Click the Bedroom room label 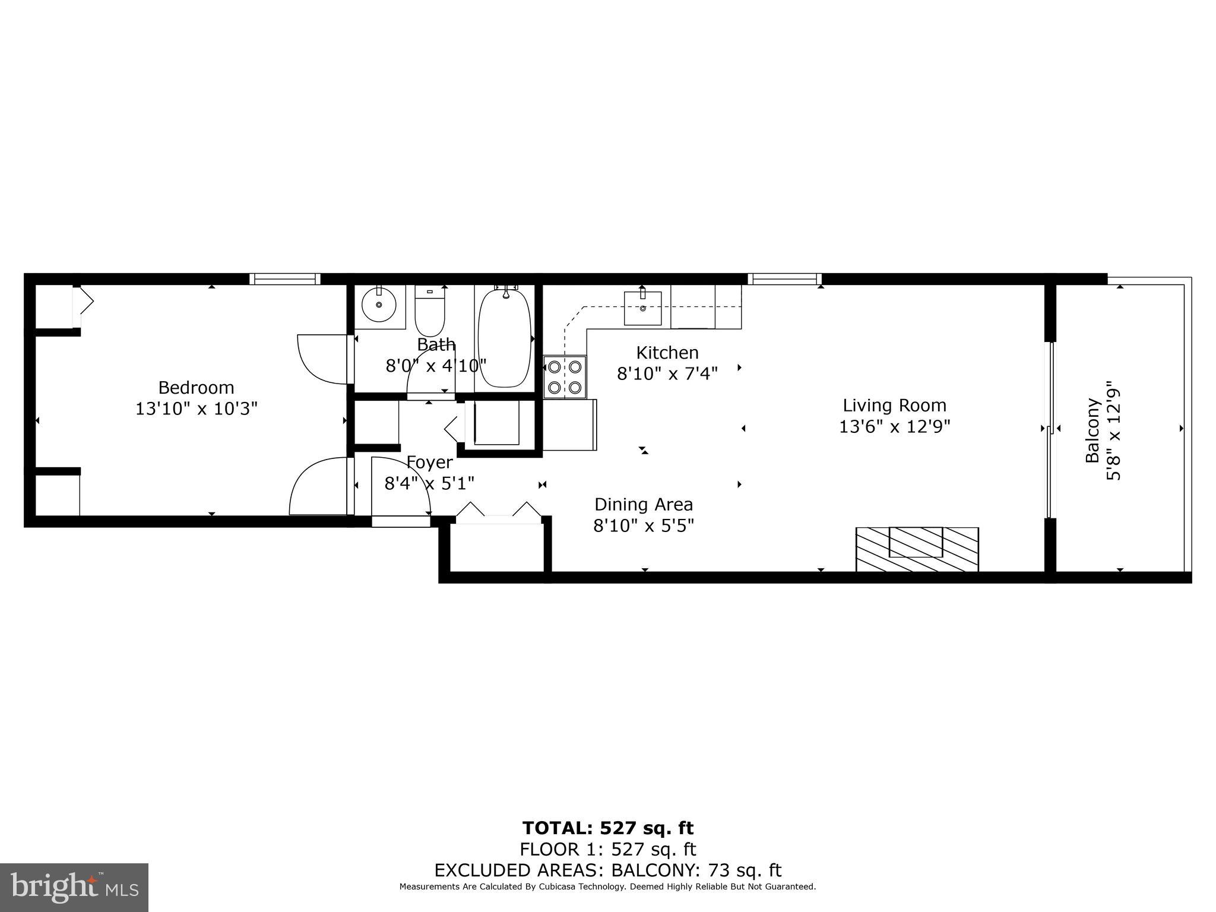[x=196, y=388]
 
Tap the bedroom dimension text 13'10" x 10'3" [x=196, y=409]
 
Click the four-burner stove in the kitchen [x=565, y=377]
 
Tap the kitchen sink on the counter [x=642, y=308]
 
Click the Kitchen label [x=667, y=353]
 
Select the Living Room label [x=894, y=406]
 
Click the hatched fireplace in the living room [x=917, y=549]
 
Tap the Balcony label [x=1092, y=430]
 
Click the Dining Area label [x=644, y=505]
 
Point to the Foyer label [x=429, y=462]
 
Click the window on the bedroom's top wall [x=284, y=279]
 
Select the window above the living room [x=784, y=279]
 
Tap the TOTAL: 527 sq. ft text [x=607, y=828]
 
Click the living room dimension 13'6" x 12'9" [x=894, y=427]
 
